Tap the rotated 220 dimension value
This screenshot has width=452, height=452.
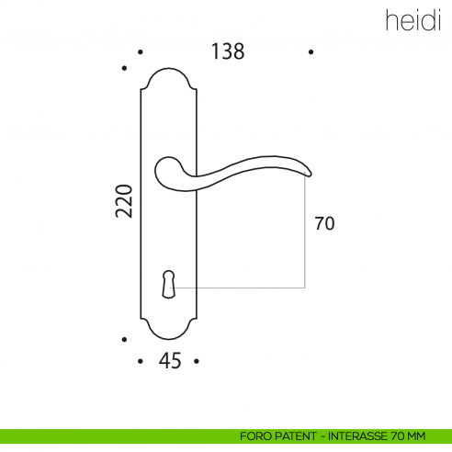click(x=125, y=201)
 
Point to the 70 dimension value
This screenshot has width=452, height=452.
click(x=323, y=223)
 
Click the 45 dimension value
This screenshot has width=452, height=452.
click(x=169, y=362)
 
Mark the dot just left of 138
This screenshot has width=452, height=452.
click(x=140, y=53)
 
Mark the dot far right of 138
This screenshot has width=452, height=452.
click(x=312, y=53)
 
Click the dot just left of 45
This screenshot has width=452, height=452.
click(x=140, y=362)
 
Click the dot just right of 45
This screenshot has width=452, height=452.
click(x=198, y=362)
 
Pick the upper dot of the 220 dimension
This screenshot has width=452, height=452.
click(x=125, y=67)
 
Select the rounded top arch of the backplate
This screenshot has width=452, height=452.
click(x=169, y=72)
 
